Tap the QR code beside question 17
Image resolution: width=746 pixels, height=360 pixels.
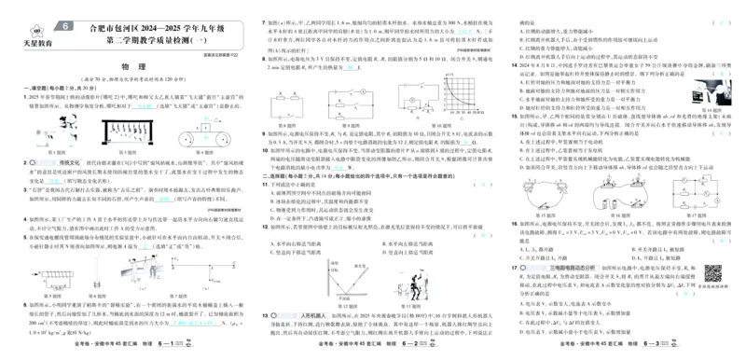click(x=714, y=274)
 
